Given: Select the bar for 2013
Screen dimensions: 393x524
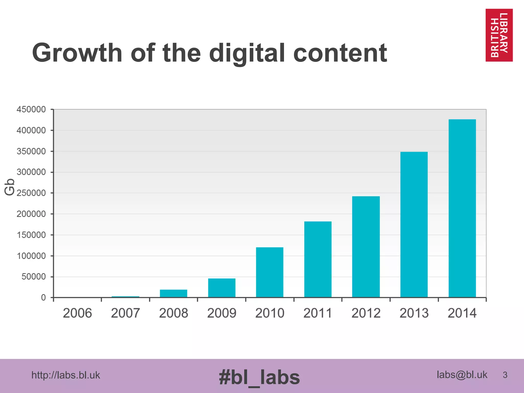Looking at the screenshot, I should [x=414, y=224].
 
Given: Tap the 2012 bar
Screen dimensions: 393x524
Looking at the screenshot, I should [x=366, y=247].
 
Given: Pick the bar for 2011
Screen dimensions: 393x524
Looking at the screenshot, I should [x=318, y=259].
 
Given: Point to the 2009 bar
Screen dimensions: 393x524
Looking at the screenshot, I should [x=222, y=288].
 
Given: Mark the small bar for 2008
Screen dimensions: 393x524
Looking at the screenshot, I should [x=173, y=293].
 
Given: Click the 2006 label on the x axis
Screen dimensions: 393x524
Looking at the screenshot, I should [x=77, y=313].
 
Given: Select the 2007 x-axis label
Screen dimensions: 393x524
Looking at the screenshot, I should [x=125, y=313].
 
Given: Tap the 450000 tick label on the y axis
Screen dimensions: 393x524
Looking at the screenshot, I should [x=31, y=110].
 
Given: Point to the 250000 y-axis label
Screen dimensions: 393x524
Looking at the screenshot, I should [x=31, y=193].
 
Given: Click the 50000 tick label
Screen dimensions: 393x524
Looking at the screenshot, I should [x=34, y=277].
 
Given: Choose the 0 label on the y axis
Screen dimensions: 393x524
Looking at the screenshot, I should [x=43, y=298].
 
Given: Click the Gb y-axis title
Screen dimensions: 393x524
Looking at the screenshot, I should [x=10, y=187].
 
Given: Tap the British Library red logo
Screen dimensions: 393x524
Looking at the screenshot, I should [x=499, y=35].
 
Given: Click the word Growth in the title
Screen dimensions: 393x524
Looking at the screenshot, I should [x=77, y=53].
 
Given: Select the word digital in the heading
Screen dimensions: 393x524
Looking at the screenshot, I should [x=247, y=53].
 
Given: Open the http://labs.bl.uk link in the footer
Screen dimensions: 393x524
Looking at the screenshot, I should [x=65, y=375].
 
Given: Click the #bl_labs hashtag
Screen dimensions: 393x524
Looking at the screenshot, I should [x=259, y=377].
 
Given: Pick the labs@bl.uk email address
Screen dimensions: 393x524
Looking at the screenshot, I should [x=462, y=375].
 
